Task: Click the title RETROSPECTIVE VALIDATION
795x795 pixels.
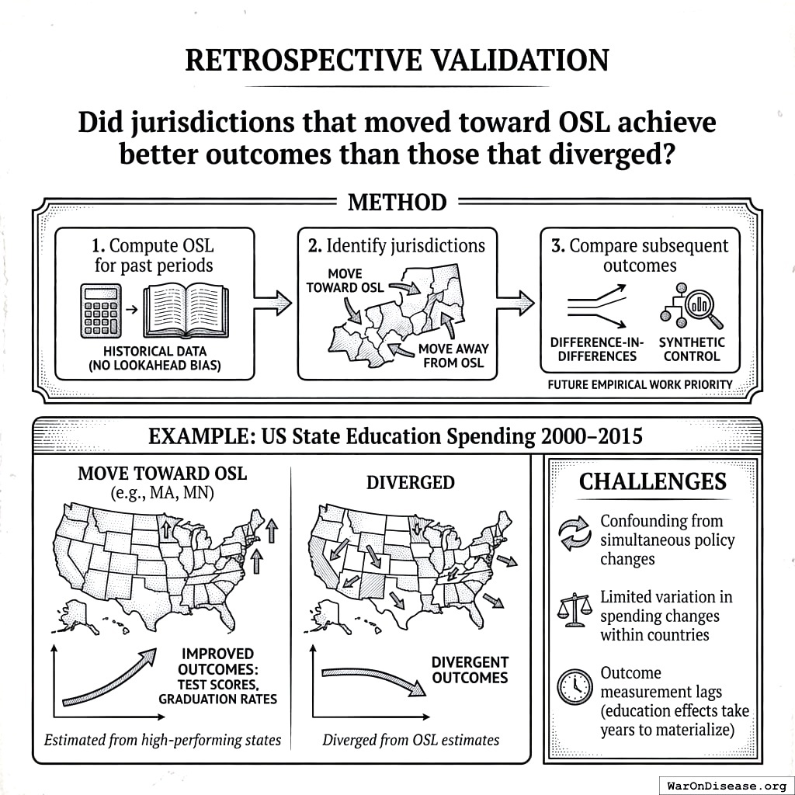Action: [x=397, y=60]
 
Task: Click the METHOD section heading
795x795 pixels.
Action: [x=397, y=203]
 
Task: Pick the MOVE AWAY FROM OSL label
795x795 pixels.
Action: [x=453, y=356]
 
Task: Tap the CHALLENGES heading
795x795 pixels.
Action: [x=652, y=481]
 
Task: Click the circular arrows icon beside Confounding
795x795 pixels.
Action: [x=575, y=535]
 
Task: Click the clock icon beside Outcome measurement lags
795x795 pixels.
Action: [x=575, y=685]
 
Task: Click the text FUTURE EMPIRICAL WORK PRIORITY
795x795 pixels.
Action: [x=640, y=384]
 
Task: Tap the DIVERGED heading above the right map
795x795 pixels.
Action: [x=410, y=482]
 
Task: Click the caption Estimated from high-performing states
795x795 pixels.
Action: [x=162, y=740]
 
